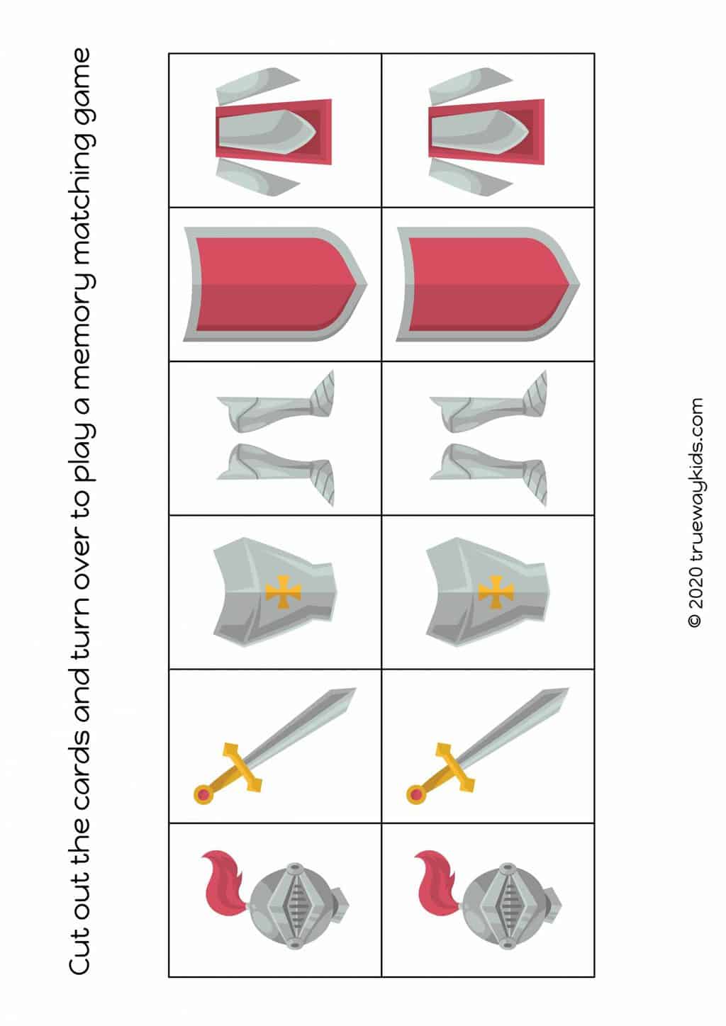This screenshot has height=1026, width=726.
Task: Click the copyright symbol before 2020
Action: [x=696, y=621]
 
